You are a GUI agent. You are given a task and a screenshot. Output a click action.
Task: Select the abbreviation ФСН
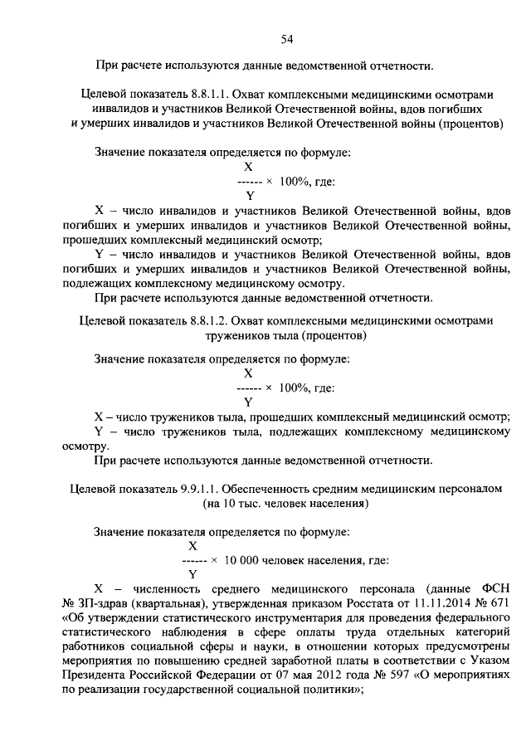click(494, 588)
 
